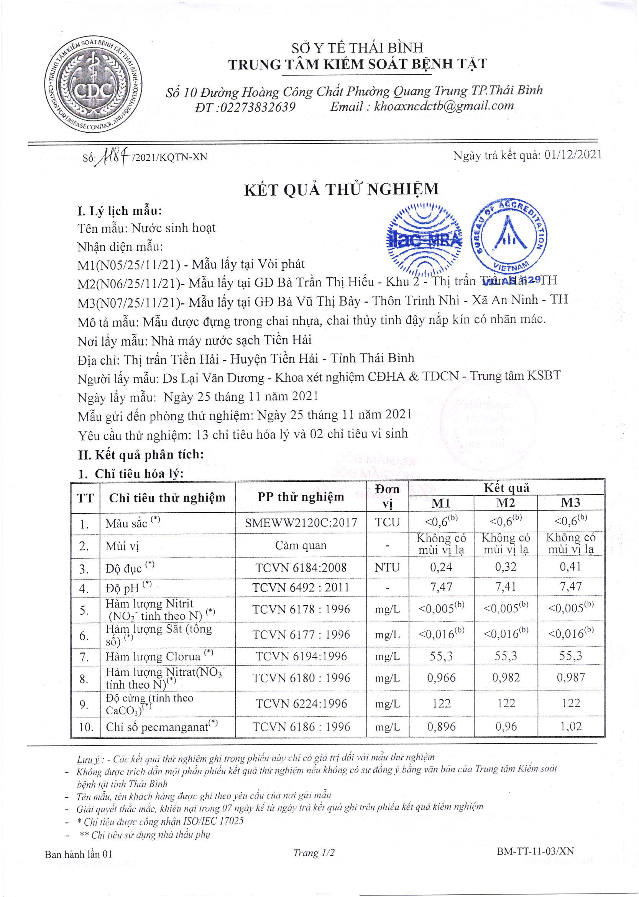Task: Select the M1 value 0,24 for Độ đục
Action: pyautogui.click(x=442, y=567)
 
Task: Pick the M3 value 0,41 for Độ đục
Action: pyautogui.click(x=571, y=567)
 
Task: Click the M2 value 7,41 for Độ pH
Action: pyautogui.click(x=506, y=588)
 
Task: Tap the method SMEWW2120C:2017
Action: pyautogui.click(x=301, y=523)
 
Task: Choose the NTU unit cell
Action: pyautogui.click(x=388, y=567)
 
